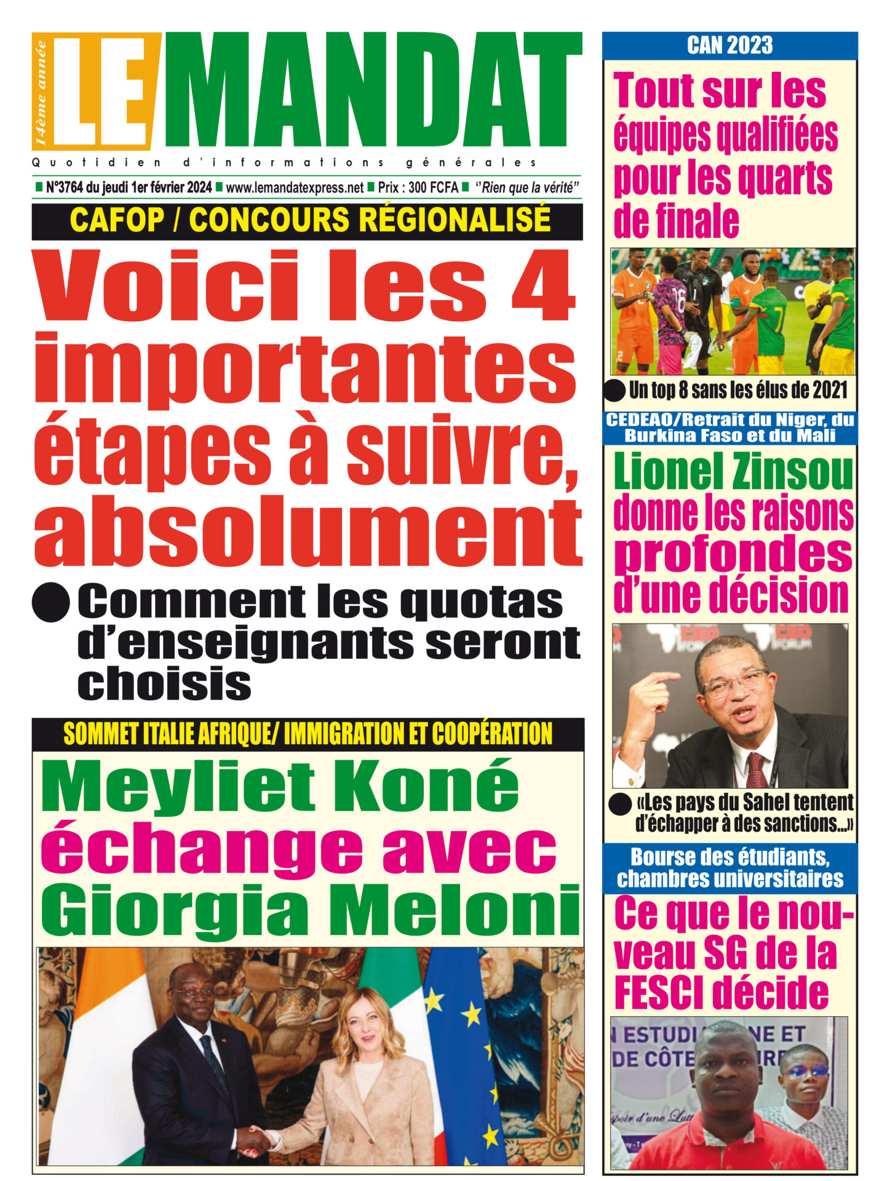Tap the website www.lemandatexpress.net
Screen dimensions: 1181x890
click(x=295, y=188)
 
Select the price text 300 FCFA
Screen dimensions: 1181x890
click(x=433, y=188)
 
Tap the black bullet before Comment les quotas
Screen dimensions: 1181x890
click(x=50, y=602)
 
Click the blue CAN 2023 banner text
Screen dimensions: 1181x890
click(x=729, y=46)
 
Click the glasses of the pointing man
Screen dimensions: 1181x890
click(x=735, y=682)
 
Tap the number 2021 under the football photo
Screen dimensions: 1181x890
click(x=829, y=389)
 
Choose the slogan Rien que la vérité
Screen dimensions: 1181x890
click(x=528, y=188)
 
